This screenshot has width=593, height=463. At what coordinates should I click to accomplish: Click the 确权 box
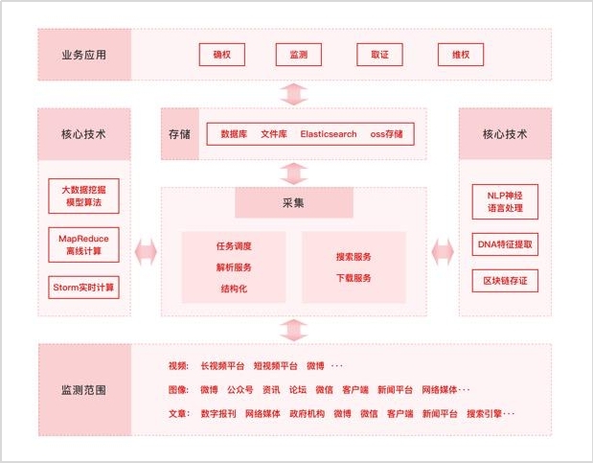click(222, 55)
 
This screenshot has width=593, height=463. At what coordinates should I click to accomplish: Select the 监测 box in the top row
click(298, 55)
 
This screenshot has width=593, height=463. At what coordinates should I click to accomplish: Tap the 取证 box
click(379, 55)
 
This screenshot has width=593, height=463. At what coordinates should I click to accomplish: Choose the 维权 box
click(461, 55)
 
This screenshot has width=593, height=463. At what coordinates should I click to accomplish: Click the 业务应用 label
click(83, 55)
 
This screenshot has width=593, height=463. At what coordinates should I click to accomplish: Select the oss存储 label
click(386, 133)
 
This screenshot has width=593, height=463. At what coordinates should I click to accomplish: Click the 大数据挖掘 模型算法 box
click(83, 197)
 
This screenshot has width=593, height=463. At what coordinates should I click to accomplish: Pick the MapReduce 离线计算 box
click(83, 244)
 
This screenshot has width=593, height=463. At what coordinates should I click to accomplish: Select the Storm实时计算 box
click(83, 287)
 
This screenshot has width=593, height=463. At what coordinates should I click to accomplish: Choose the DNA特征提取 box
click(505, 244)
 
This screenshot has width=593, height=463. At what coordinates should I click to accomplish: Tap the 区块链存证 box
click(505, 281)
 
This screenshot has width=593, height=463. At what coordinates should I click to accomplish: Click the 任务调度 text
click(233, 246)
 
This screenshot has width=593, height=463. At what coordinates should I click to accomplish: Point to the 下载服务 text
click(354, 278)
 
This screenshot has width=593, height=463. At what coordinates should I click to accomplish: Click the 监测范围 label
click(83, 391)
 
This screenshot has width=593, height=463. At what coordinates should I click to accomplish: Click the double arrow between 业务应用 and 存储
click(294, 94)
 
